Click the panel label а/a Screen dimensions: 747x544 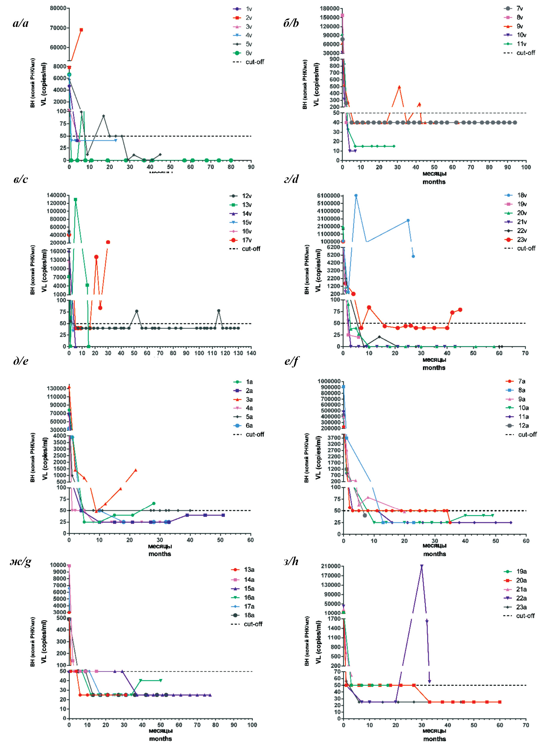pyautogui.click(x=21, y=23)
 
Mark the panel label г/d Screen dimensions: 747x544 pyautogui.click(x=291, y=179)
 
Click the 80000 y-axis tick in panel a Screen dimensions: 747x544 pyautogui.click(x=58, y=8)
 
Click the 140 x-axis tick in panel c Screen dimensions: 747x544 pyautogui.click(x=251, y=353)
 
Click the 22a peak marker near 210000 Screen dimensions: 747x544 pyautogui.click(x=422, y=566)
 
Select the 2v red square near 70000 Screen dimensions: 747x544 pyautogui.click(x=81, y=30)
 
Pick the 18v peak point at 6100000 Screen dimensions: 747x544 pyautogui.click(x=356, y=196)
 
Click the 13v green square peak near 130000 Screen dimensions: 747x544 pyautogui.click(x=75, y=199)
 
